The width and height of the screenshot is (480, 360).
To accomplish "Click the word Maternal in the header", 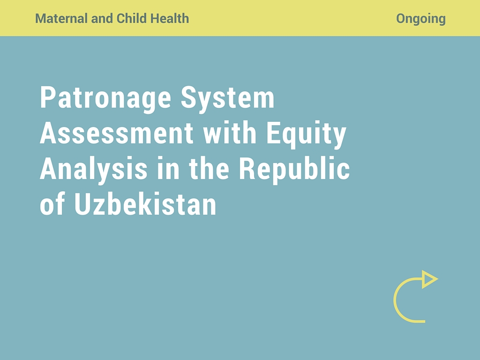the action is click(61, 18).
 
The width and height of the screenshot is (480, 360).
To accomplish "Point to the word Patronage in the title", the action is click(105, 98).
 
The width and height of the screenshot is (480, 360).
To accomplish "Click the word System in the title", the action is click(227, 98).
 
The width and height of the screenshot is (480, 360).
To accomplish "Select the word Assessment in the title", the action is click(117, 133).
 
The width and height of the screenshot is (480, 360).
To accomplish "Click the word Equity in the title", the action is click(307, 135).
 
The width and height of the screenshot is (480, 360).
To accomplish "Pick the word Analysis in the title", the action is click(94, 169).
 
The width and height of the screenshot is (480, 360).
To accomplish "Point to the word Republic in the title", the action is click(294, 169).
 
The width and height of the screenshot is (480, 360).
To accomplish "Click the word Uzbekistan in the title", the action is click(145, 204).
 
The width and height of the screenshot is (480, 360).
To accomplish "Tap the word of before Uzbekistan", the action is click(52, 204).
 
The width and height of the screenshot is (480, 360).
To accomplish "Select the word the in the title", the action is click(209, 168).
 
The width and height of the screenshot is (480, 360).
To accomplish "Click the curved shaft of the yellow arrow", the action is click(395, 300).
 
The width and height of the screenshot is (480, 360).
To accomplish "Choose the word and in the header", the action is click(102, 18).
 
